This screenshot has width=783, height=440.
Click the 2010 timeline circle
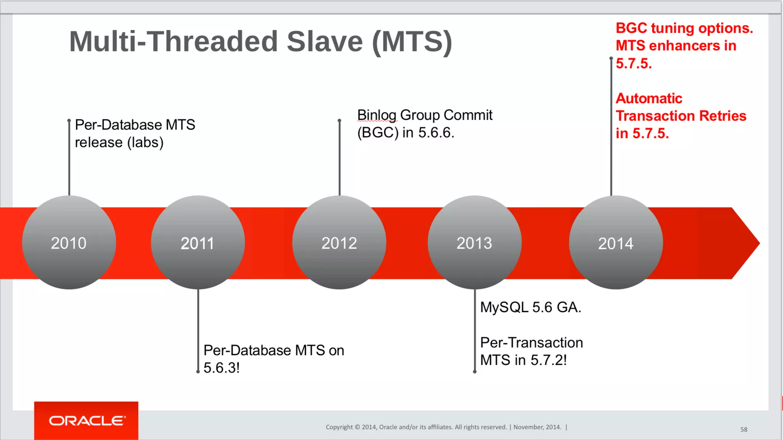tap(69, 243)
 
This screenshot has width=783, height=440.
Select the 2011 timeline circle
tap(198, 243)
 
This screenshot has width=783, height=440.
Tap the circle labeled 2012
tap(339, 243)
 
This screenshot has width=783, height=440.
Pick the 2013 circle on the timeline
tap(474, 243)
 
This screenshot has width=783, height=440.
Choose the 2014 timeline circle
tap(616, 243)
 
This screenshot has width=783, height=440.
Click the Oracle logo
tap(86, 421)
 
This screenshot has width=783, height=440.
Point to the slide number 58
tap(744, 429)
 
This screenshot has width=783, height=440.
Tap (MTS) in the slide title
tap(412, 42)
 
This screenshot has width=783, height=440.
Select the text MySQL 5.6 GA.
tap(531, 307)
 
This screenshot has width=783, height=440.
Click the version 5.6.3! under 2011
tap(221, 368)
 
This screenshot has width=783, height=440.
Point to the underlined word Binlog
tap(377, 115)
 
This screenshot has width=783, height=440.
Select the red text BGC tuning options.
tap(684, 28)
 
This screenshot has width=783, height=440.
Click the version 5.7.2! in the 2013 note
tap(549, 360)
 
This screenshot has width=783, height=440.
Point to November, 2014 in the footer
tap(537, 427)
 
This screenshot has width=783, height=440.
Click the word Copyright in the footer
tap(339, 427)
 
